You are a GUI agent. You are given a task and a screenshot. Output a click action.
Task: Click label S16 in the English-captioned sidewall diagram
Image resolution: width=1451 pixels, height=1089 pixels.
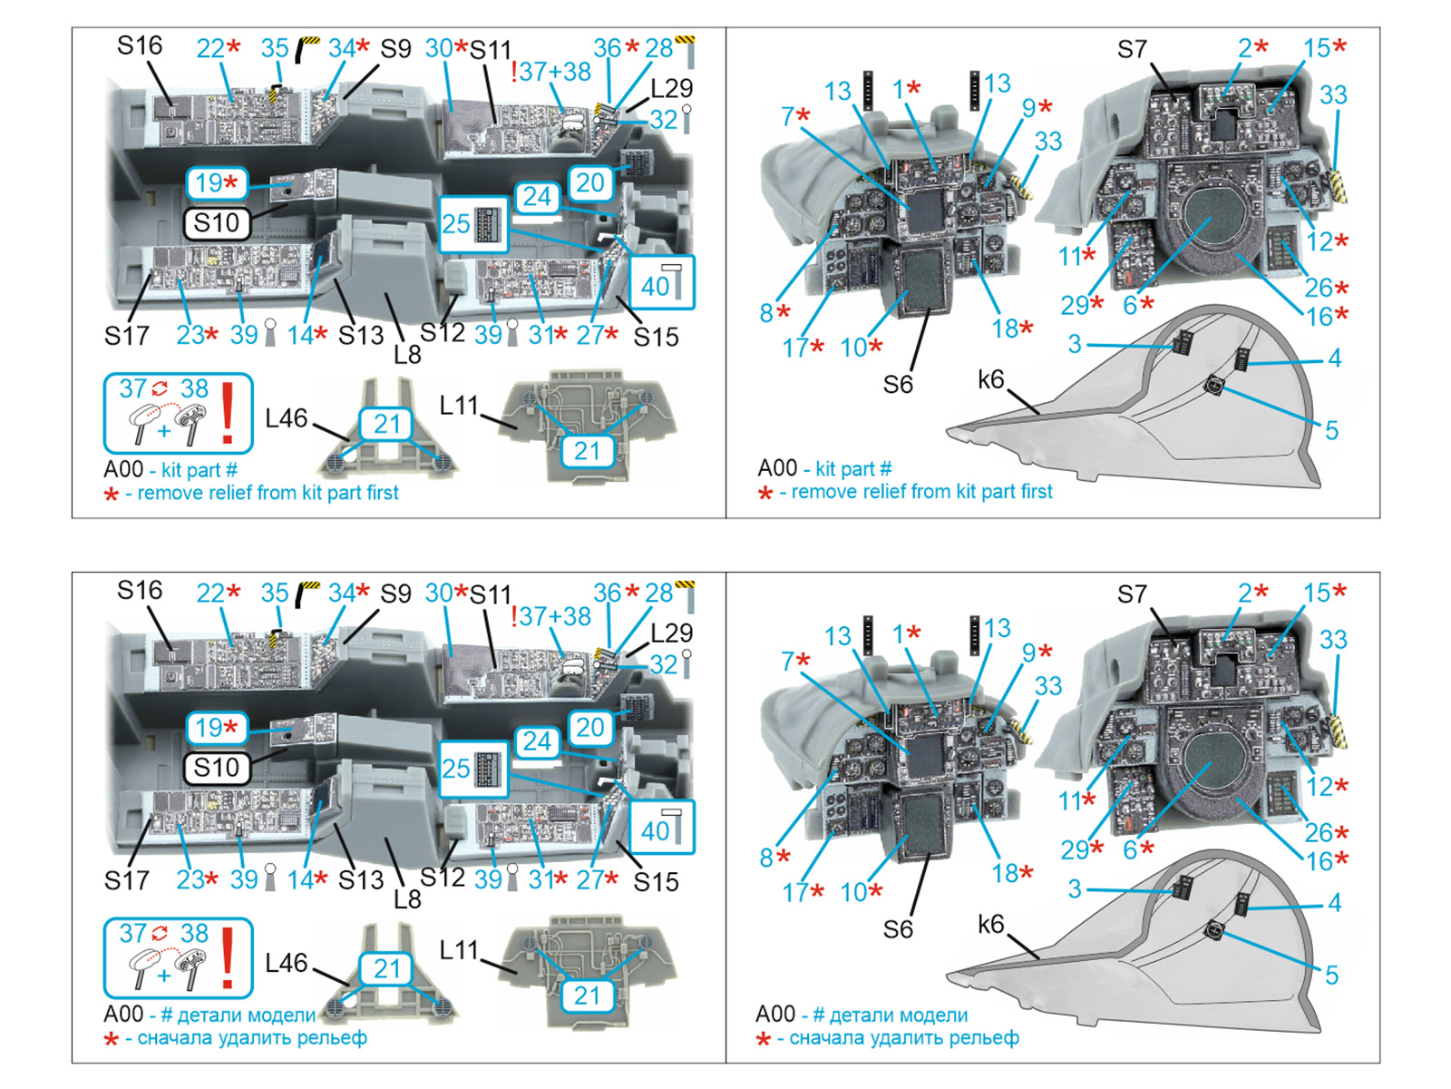[x=140, y=45]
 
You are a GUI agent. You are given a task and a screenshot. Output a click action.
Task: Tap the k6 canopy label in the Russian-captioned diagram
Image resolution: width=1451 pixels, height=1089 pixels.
[x=991, y=924]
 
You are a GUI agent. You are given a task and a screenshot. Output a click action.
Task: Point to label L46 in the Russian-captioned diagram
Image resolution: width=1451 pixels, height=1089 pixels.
[x=287, y=963]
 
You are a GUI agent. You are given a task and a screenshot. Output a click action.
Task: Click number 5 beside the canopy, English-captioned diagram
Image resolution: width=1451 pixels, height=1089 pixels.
[x=1331, y=430]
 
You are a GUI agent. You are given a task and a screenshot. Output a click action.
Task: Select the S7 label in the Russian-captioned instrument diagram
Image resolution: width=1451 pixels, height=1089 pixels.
[x=1132, y=594]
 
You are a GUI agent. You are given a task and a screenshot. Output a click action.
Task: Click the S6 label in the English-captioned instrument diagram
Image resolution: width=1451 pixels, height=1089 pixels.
[x=898, y=384]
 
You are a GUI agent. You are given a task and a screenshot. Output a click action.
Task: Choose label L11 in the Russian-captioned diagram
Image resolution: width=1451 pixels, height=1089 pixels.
[x=458, y=950]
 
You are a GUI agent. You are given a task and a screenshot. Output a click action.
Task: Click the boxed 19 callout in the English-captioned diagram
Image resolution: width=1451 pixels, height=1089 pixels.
[x=216, y=182]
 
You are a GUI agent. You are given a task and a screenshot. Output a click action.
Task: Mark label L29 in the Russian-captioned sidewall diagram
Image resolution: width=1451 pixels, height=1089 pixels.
[x=671, y=633]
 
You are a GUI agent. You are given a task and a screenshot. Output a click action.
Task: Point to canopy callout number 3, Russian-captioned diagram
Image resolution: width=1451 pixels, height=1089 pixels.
[x=1075, y=888]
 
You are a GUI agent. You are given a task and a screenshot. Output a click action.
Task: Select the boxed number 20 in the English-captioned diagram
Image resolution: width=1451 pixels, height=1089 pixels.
[x=589, y=181]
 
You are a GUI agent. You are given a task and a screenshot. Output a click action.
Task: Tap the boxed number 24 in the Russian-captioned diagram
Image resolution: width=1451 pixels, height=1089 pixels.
[x=537, y=741]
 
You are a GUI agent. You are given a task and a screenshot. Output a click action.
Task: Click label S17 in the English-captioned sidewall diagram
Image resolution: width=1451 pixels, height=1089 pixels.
[x=126, y=336]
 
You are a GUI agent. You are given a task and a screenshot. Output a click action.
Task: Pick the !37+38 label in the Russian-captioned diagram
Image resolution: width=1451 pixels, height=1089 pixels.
[x=550, y=616]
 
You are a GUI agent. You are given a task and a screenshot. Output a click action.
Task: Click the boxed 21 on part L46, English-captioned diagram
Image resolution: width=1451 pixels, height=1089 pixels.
[x=386, y=424]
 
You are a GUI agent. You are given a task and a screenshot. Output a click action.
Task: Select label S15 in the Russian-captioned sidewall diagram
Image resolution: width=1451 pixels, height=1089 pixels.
[x=656, y=881]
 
